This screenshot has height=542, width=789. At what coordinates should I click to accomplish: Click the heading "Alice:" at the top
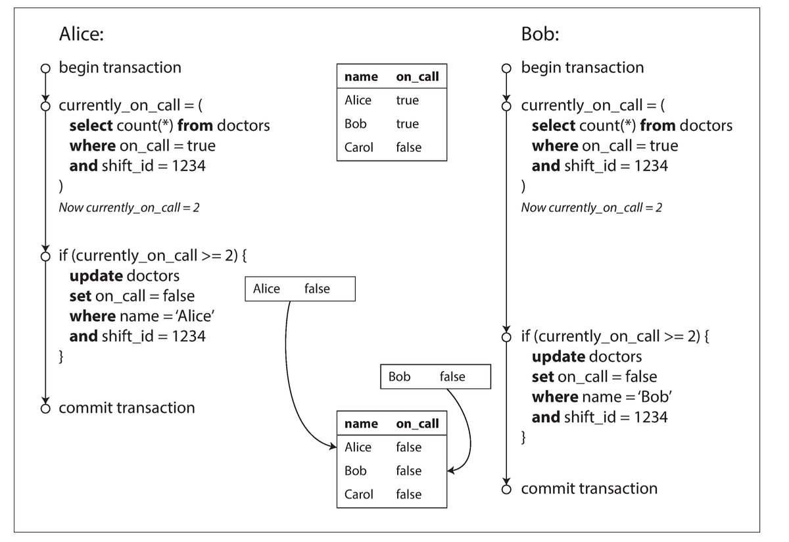(x=82, y=34)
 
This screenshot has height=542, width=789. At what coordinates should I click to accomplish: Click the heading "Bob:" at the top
(x=540, y=34)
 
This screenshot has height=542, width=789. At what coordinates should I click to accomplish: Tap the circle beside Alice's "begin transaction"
(x=45, y=68)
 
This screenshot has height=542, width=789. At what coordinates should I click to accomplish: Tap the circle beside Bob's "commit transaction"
(x=507, y=489)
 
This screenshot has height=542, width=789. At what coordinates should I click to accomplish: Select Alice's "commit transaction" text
(x=127, y=408)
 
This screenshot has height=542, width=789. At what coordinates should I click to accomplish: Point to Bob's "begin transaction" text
(x=583, y=68)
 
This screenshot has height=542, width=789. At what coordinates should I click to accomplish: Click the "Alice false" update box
(x=300, y=289)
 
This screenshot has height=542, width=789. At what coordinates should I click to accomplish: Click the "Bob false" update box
(x=435, y=377)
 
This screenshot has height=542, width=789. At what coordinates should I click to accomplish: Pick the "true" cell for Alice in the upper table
(x=407, y=101)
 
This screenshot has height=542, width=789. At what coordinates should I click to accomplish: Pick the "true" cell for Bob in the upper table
(x=407, y=124)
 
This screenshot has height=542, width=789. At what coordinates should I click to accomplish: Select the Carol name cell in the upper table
(x=358, y=148)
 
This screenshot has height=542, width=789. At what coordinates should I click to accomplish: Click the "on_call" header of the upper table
(x=417, y=77)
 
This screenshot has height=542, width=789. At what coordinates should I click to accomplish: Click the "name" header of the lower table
(x=361, y=424)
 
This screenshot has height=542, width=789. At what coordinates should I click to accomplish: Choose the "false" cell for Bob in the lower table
(x=408, y=471)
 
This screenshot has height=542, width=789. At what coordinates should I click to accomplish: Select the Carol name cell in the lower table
(x=358, y=495)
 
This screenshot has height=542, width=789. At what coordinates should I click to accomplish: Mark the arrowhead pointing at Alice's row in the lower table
(x=333, y=447)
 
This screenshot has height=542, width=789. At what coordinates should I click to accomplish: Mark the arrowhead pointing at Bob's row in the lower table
(x=450, y=471)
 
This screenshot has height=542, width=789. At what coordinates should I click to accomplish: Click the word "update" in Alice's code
(x=96, y=276)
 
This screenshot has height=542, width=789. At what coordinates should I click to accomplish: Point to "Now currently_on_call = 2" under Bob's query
(x=591, y=208)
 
